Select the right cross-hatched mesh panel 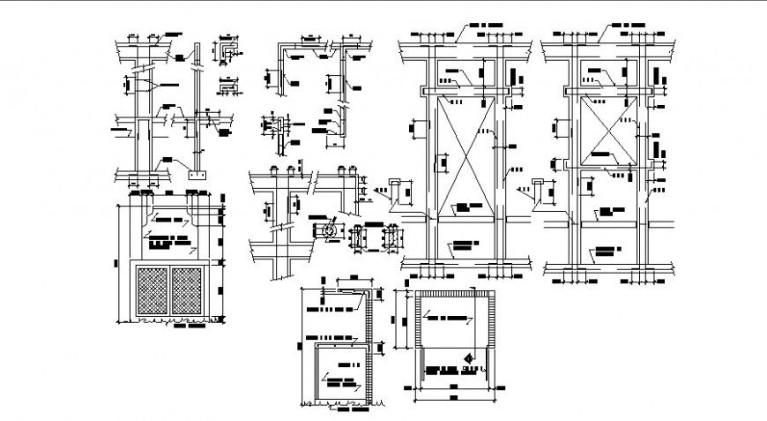coord(188,290)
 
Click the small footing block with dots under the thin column coord(197,176)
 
